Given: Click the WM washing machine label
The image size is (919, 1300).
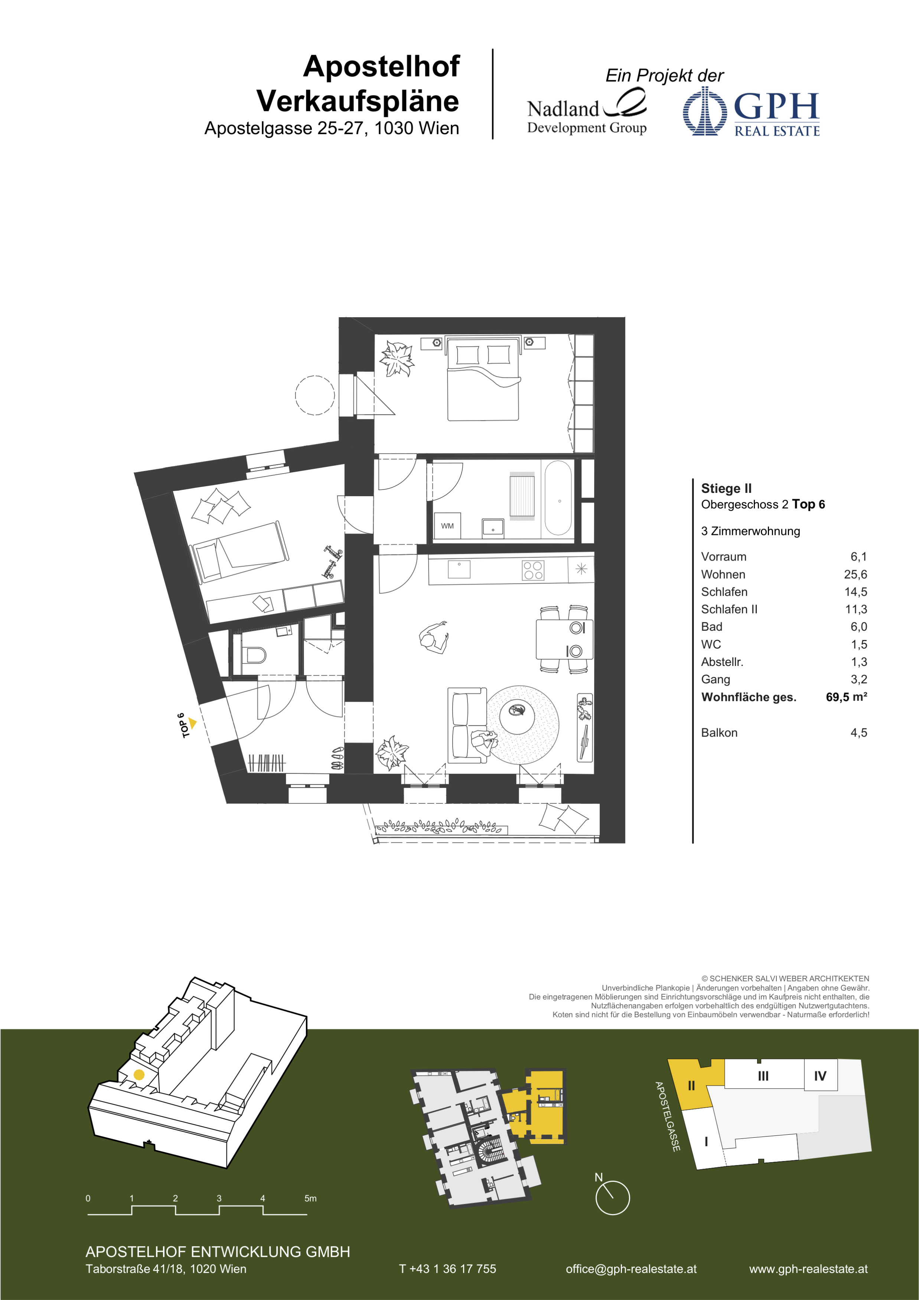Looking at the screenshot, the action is coord(447,526).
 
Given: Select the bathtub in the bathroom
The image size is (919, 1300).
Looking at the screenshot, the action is coord(558,498).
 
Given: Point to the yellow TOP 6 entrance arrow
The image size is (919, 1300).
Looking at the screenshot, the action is coord(192,723).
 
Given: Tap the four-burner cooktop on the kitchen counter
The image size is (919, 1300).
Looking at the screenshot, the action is coord(532,570).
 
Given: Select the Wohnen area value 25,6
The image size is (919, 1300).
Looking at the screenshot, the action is coord(855,574).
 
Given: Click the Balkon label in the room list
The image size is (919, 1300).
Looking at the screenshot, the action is coord(719,733).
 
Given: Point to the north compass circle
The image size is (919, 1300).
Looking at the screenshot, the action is coord(612,1197).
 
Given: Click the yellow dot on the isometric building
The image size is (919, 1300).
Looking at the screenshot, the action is coord(138,1075).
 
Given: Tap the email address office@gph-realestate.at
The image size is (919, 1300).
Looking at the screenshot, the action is coord(631,1269).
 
